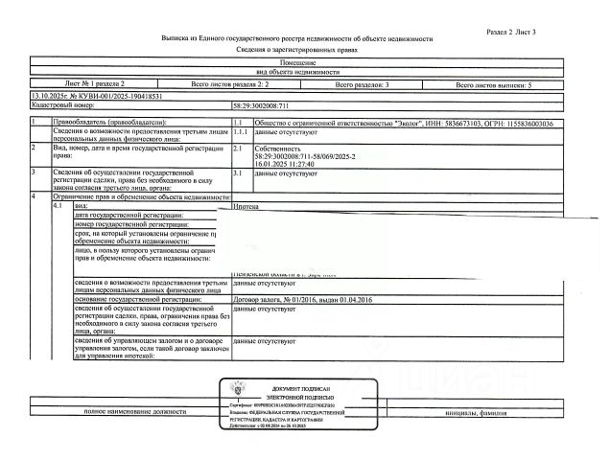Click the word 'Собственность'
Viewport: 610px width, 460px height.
click(x=279, y=149)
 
